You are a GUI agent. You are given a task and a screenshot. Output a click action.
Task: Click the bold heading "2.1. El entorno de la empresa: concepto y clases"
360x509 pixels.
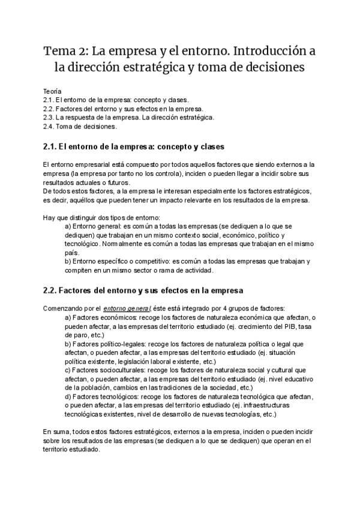click(x=134, y=146)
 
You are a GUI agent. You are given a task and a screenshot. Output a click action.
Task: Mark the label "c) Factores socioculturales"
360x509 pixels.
click(x=109, y=371)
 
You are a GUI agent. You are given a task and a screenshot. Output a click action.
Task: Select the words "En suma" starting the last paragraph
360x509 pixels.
click(x=55, y=431)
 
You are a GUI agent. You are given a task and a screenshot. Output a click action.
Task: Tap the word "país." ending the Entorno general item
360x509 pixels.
click(x=71, y=253)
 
